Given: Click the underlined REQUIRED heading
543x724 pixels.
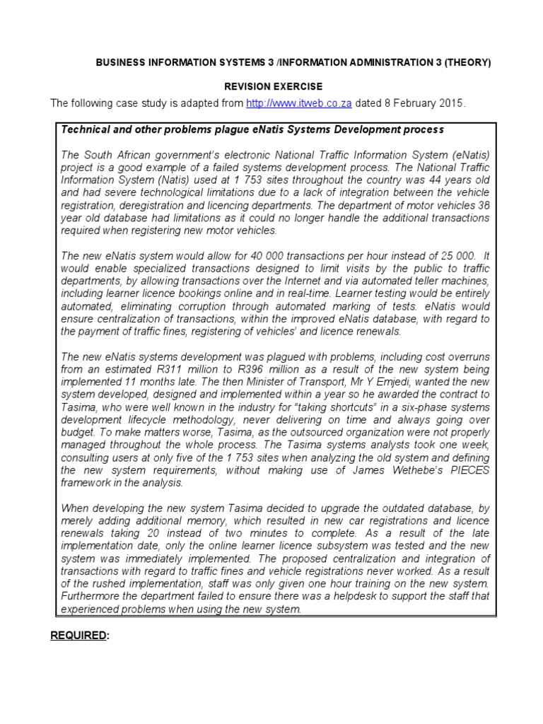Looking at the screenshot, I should (78, 634).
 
